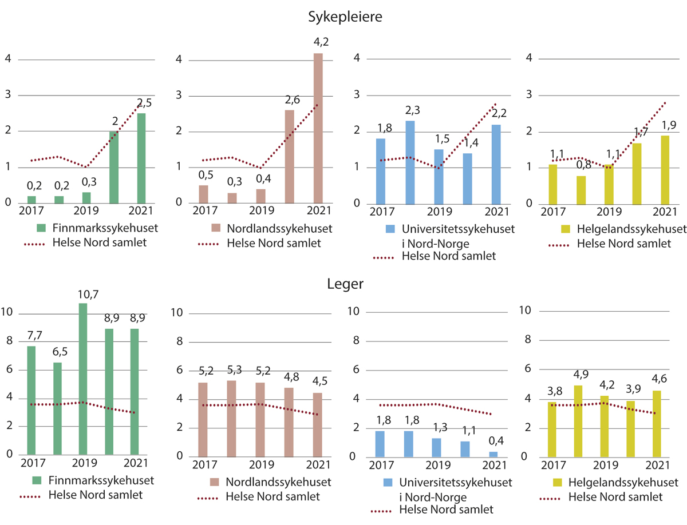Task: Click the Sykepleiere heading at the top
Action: click(x=345, y=17)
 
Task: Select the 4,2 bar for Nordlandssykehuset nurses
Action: click(x=318, y=128)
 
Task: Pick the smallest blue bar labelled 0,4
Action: click(x=493, y=454)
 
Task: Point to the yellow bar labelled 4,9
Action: click(x=578, y=421)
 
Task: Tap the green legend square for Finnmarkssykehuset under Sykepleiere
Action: click(x=40, y=228)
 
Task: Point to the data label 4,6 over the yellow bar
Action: click(x=662, y=379)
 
